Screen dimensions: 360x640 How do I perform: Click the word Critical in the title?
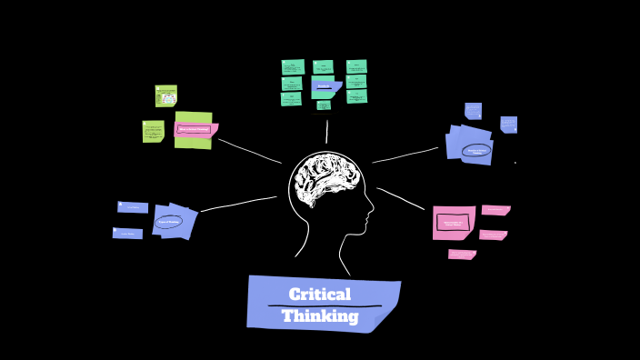[x=319, y=295]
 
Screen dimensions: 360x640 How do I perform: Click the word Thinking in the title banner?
[x=319, y=316]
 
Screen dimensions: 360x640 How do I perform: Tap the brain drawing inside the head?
[x=326, y=179]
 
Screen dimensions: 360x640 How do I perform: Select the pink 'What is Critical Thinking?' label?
[x=195, y=129]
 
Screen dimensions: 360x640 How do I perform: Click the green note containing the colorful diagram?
[x=165, y=96]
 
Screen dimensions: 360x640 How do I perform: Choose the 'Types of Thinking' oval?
[x=169, y=222]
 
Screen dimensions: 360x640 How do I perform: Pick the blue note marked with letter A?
[x=133, y=207]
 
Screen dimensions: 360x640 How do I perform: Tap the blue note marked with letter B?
[x=127, y=234]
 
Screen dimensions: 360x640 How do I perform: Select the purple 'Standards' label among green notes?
[x=324, y=86]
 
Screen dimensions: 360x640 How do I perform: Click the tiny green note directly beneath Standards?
[x=324, y=105]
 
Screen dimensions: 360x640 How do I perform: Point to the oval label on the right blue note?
[x=475, y=151]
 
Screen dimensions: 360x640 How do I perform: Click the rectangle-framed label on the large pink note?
[x=453, y=222]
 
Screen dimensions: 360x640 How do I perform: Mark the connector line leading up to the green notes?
[x=326, y=132]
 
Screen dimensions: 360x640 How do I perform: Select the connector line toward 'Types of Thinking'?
[x=238, y=204]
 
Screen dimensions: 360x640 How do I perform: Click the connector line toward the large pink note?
[x=400, y=198]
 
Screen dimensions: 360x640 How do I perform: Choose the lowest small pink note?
[x=462, y=255]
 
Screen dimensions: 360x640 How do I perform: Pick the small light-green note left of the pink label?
[x=153, y=132]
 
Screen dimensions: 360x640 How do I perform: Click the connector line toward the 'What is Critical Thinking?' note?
[x=250, y=151]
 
